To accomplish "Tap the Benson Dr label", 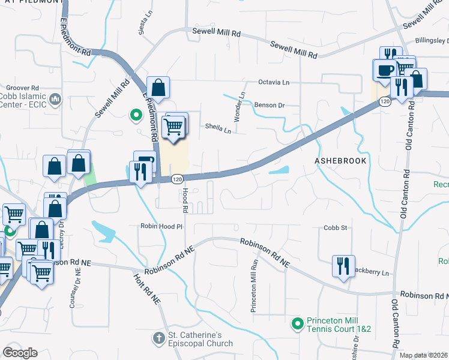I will coord(269,105).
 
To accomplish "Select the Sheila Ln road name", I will coord(218,128).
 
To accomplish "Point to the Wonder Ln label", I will coord(240,107).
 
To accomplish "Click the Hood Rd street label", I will coord(185,201).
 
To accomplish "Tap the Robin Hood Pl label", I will coord(160,227).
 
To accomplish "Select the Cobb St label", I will coord(336,228).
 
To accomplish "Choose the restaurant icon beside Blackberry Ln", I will coord(342,265).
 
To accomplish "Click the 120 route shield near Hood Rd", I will coord(176,179).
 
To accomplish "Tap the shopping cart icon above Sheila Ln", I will coord(173,127).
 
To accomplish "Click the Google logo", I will coord(20,353).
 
